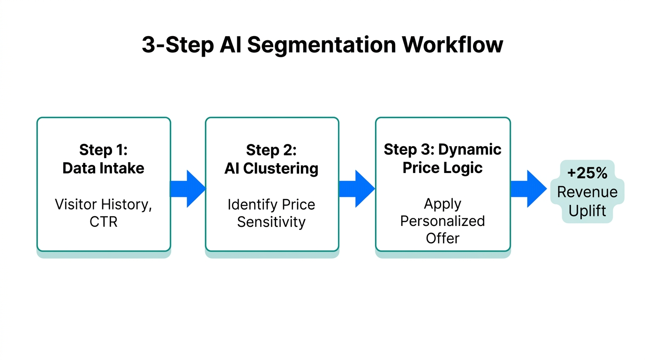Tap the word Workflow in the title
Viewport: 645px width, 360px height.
coord(452,45)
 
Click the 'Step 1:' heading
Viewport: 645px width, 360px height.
coord(103,150)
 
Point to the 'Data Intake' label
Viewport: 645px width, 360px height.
coord(103,168)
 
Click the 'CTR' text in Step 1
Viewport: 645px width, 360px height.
coord(103,222)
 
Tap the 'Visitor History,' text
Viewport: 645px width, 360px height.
coord(103,204)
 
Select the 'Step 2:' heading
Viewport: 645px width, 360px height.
coord(271,150)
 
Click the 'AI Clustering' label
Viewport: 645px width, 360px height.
coord(271,169)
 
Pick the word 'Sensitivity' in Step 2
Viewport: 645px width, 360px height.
coord(271,222)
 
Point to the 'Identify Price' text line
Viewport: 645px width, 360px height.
coord(271,204)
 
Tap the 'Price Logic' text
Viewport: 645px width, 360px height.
coord(442,168)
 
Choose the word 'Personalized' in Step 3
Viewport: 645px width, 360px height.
coord(442,221)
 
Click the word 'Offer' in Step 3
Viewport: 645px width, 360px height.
coord(442,238)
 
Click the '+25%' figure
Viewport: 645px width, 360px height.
coord(587,173)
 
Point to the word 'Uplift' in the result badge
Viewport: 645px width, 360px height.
coord(587,211)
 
